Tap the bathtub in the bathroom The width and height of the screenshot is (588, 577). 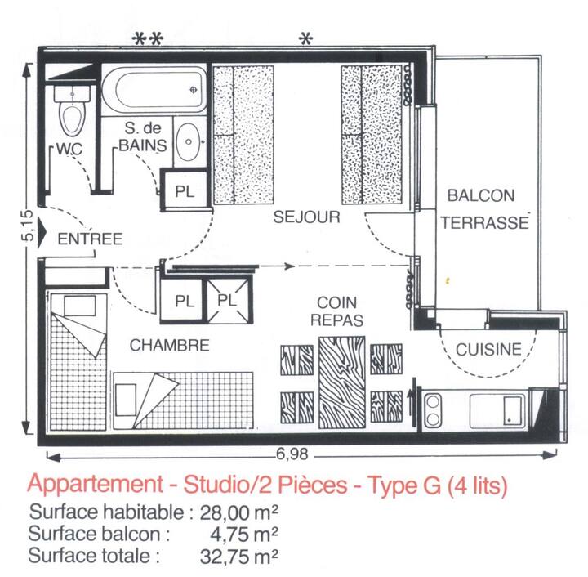(154, 90)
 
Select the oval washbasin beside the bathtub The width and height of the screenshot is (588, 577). (189, 141)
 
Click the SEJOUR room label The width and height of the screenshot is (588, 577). (307, 217)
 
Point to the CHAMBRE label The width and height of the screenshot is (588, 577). (170, 345)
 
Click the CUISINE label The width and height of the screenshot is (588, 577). (488, 349)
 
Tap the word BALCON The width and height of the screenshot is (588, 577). (481, 195)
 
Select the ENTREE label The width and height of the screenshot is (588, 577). (90, 239)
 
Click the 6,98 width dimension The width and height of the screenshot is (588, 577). (292, 454)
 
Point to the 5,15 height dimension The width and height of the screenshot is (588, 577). (29, 226)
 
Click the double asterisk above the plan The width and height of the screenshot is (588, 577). (148, 39)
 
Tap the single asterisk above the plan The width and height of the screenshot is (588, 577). (305, 38)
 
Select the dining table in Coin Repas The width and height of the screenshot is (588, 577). (341, 382)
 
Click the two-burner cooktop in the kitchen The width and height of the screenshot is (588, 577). (433, 409)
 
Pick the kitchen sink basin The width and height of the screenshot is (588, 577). (497, 409)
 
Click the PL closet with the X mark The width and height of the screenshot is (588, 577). (227, 301)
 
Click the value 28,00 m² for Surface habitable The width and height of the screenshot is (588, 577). (238, 512)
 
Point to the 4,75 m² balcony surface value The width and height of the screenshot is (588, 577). (243, 535)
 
